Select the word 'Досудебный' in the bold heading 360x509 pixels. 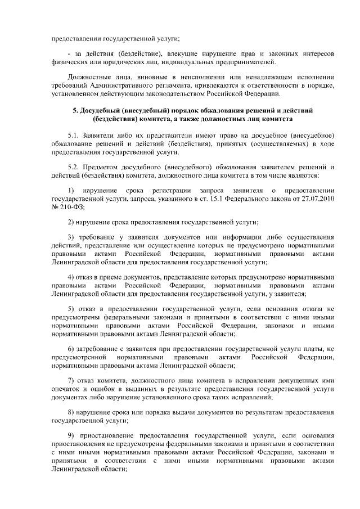[x=101, y=110]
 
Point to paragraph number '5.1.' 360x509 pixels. [x=75, y=136]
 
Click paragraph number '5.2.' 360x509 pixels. [x=75, y=166]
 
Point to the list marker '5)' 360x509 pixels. [x=71, y=309]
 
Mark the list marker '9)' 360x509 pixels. [x=71, y=436]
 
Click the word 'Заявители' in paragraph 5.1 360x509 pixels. [x=102, y=136]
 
